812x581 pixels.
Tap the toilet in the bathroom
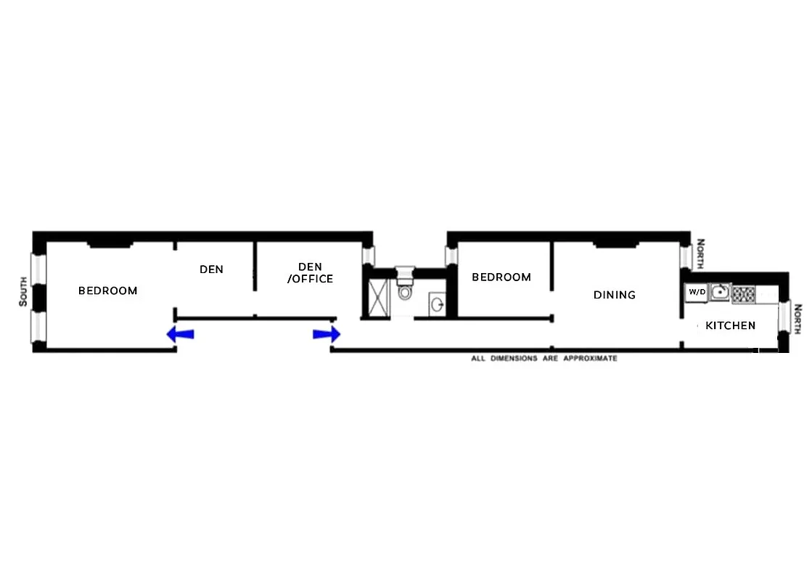405,290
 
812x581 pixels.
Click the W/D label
697,292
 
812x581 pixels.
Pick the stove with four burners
744,293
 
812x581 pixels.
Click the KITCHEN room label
730,326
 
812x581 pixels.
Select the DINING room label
614,295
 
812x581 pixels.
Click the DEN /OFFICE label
310,273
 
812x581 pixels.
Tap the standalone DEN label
211,269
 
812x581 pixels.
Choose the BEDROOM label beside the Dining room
501,277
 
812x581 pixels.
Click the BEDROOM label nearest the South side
107,291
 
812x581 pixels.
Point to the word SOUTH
23,291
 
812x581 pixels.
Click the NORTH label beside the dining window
700,254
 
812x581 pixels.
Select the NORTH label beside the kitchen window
797,319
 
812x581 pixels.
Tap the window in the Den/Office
368,256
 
